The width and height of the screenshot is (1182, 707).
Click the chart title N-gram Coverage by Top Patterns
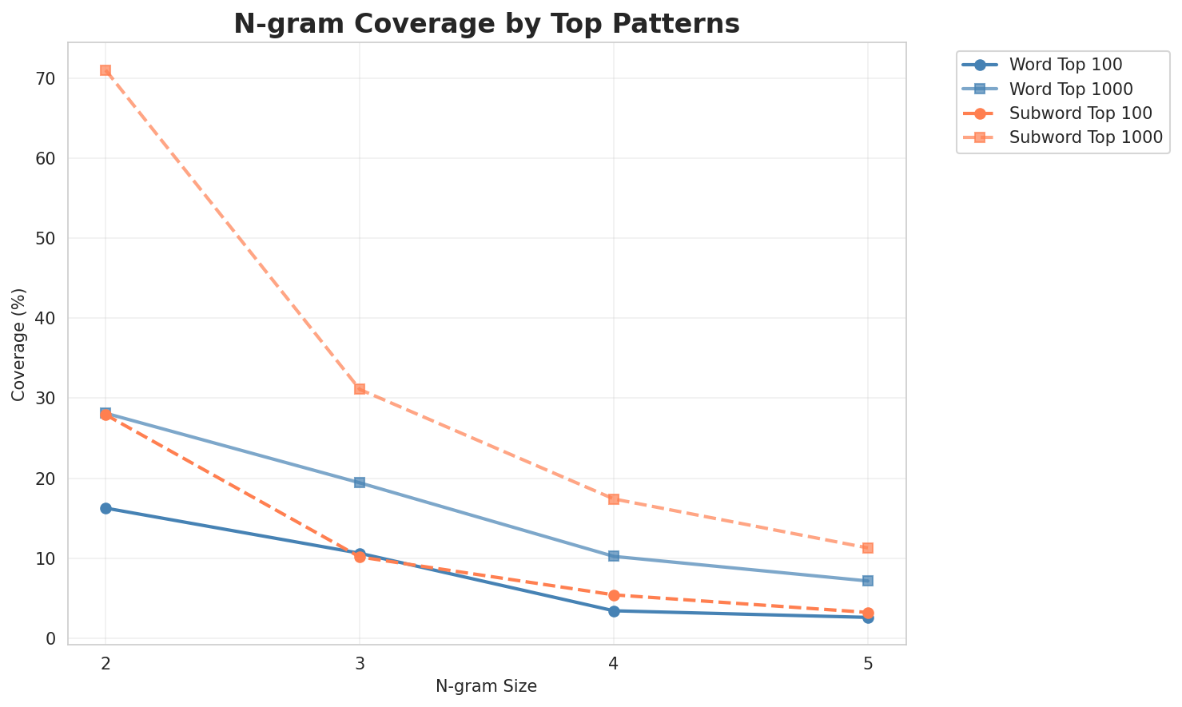(x=486, y=24)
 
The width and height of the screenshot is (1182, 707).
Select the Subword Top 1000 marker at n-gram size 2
(x=105, y=70)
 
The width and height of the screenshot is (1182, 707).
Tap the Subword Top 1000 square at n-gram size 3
(x=360, y=389)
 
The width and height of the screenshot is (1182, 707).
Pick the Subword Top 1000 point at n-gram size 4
(x=614, y=499)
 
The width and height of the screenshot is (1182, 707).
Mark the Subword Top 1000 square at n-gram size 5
(x=868, y=548)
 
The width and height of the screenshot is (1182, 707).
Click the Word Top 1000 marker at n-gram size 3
(x=360, y=483)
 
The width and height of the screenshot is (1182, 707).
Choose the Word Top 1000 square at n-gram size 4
(x=614, y=556)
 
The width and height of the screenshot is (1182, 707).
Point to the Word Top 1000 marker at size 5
(x=868, y=581)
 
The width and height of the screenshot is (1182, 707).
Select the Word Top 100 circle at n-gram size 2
(x=105, y=508)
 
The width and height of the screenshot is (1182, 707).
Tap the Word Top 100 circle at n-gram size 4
(x=614, y=611)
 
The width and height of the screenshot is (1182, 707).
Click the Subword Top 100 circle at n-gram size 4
(x=614, y=595)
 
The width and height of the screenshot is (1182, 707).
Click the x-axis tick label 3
(x=360, y=663)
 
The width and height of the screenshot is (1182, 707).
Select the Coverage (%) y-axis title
(x=19, y=344)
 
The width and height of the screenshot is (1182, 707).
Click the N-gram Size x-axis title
(x=486, y=686)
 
